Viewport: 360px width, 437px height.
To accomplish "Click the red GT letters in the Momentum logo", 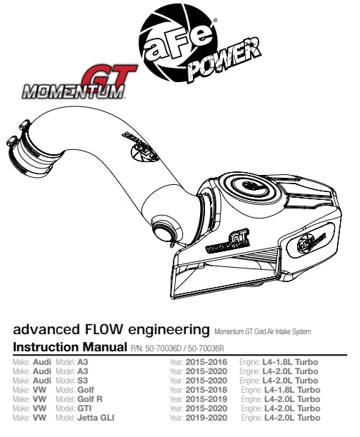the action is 109,76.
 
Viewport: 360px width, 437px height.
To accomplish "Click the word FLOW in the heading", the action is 103,329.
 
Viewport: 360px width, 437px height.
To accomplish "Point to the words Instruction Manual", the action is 70,347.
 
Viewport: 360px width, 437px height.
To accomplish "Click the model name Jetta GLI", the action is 96,418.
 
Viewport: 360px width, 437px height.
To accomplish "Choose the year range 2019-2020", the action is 206,418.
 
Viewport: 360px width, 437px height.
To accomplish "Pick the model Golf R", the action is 90,399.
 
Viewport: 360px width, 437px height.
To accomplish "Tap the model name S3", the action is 83,381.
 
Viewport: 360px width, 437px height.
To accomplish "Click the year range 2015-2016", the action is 206,362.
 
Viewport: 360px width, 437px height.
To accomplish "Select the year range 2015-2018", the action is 206,390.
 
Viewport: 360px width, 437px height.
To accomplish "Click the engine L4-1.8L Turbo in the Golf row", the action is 292,390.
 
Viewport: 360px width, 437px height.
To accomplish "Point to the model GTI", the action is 84,408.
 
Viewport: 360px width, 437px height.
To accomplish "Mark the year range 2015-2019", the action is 206,399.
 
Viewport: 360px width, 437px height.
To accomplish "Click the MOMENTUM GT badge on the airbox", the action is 227,241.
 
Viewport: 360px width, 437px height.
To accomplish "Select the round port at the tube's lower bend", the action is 163,230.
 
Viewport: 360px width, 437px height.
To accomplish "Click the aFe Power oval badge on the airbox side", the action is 310,240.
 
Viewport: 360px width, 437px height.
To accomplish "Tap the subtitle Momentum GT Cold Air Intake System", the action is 262,331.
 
